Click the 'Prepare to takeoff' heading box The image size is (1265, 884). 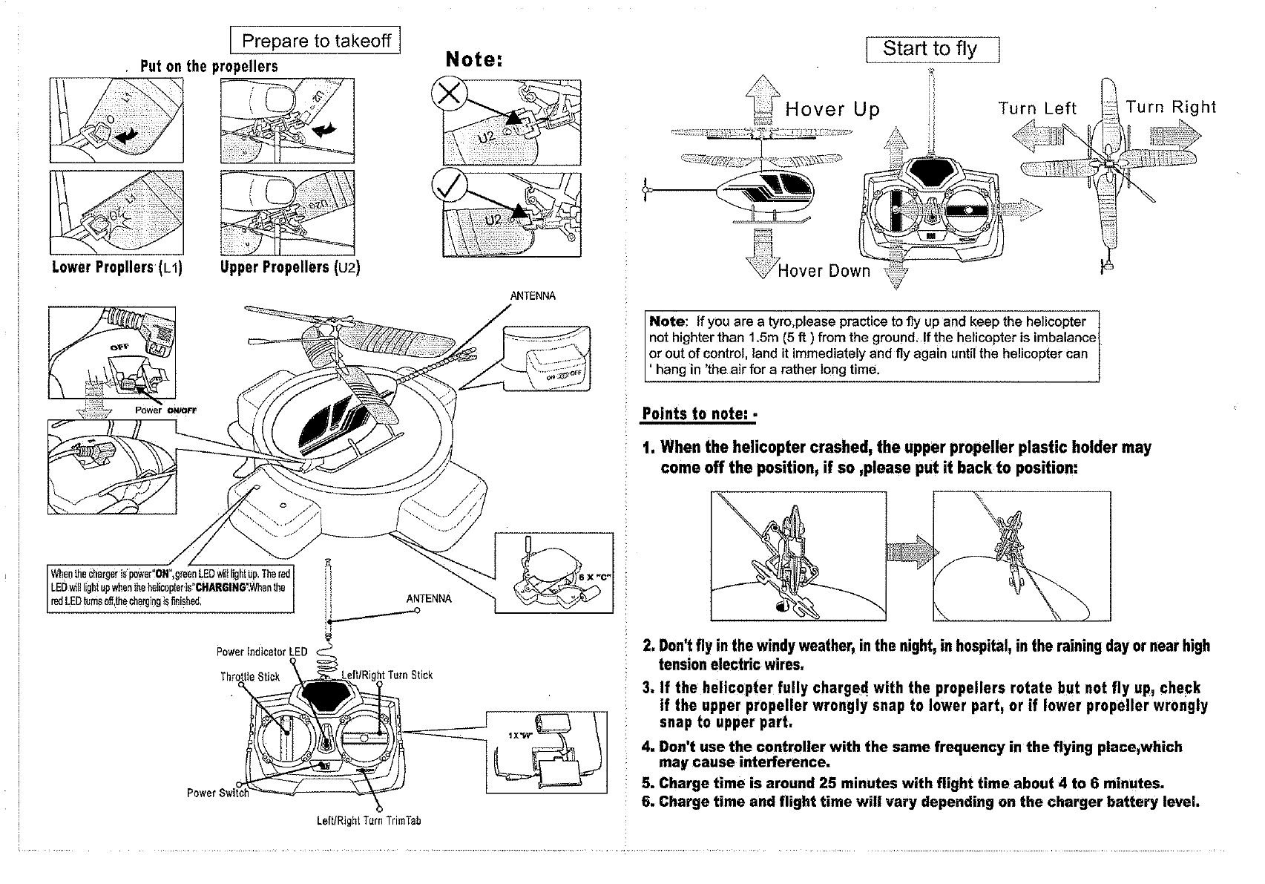tap(315, 41)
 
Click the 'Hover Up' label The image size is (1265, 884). tap(832, 111)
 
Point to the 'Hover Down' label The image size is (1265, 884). tap(824, 271)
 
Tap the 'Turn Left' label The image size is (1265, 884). tap(1037, 109)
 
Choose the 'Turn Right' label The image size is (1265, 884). tap(1171, 107)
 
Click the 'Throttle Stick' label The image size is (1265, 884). tap(250, 677)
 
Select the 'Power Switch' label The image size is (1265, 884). tap(217, 793)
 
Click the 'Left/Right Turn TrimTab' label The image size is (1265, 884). tap(369, 821)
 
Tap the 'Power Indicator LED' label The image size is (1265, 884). tap(261, 652)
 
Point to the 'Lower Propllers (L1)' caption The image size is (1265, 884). tap(117, 267)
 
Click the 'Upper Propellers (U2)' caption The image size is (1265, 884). tap(290, 267)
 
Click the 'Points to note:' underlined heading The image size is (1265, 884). tap(697, 413)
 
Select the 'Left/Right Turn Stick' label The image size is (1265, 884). tap(387, 675)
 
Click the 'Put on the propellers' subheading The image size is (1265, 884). tap(209, 66)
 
